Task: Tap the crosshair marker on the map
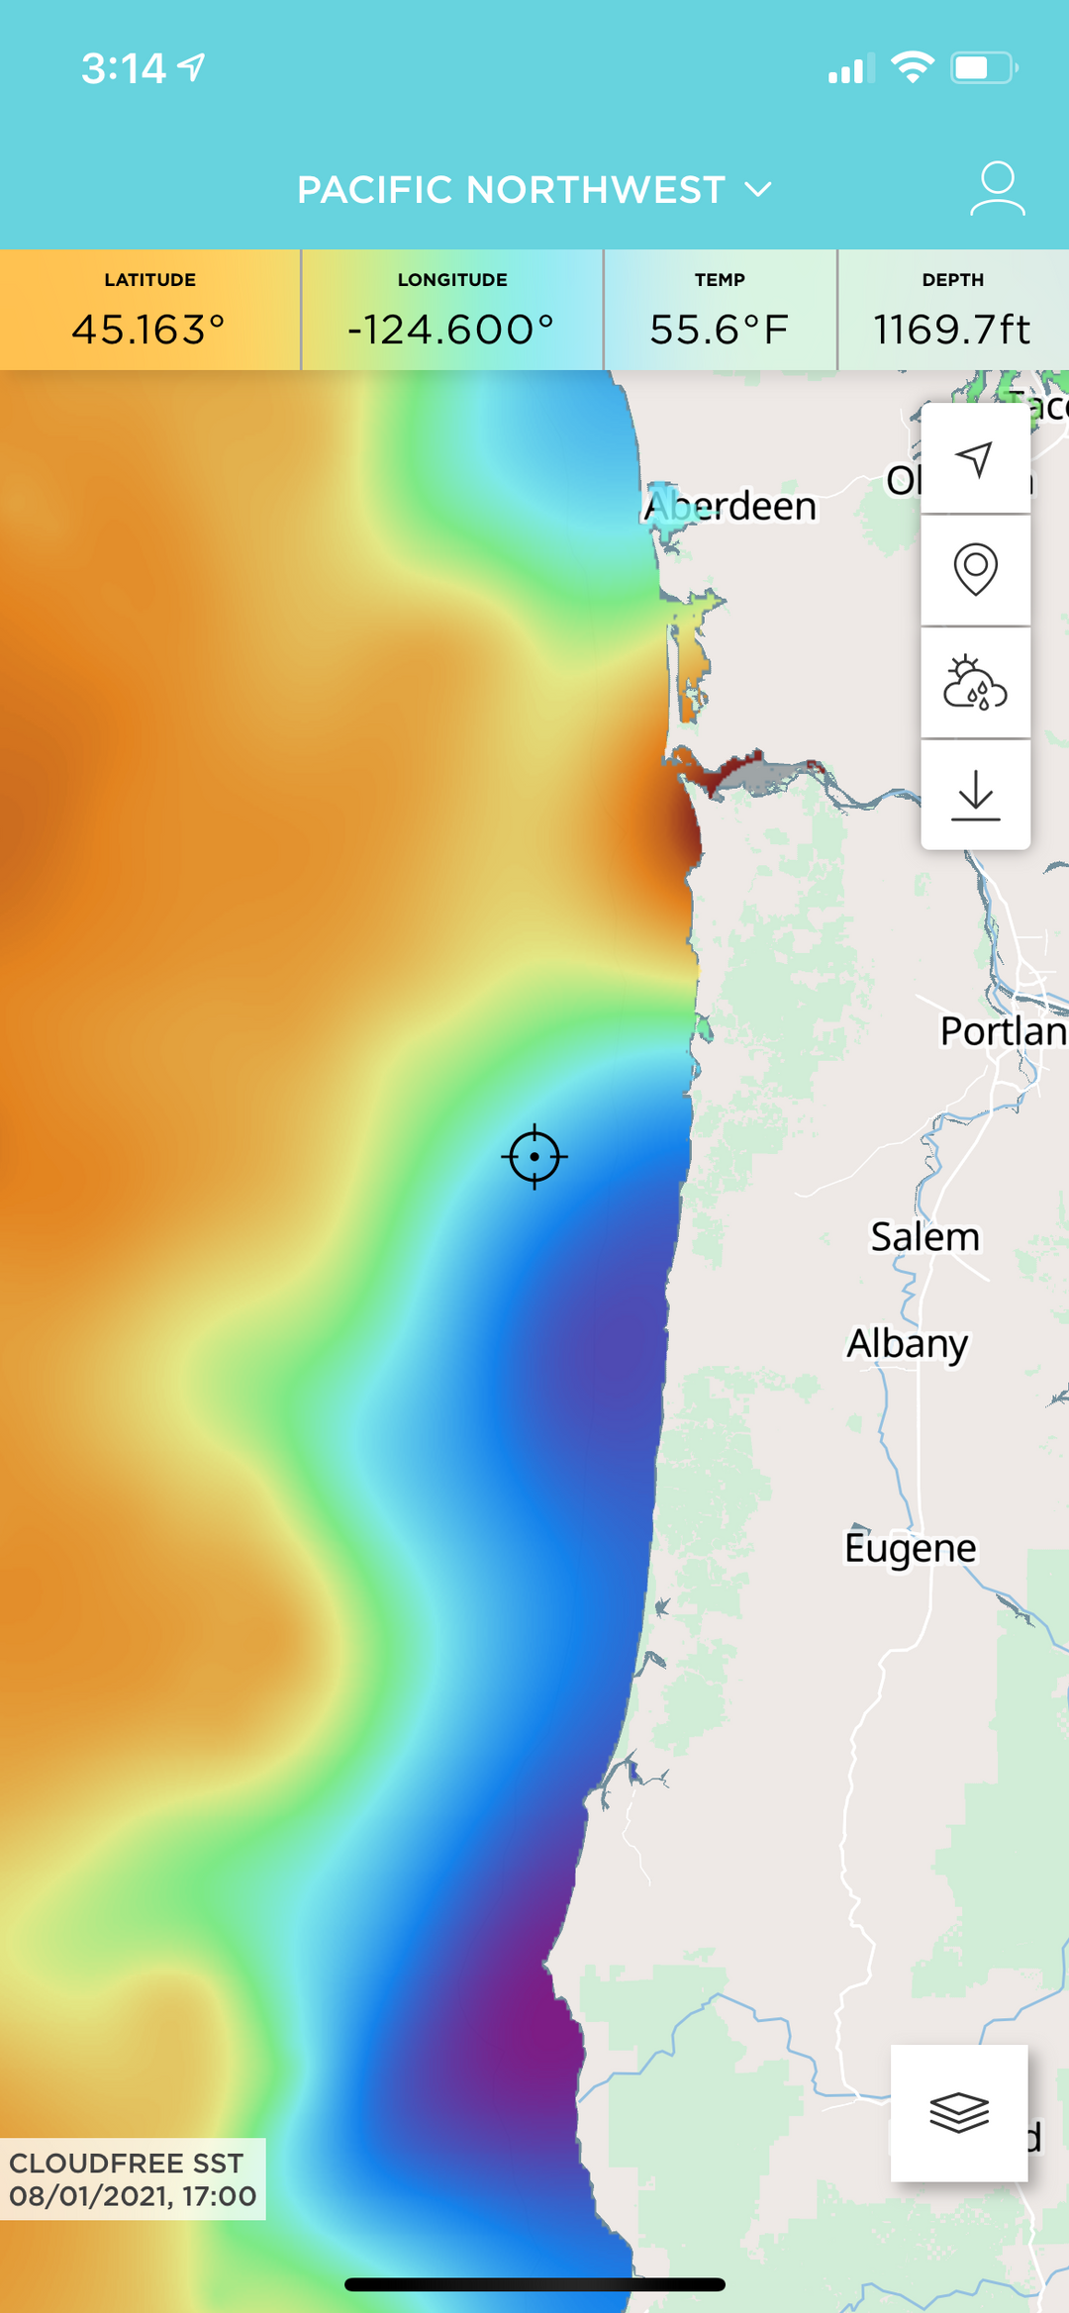click(x=534, y=1156)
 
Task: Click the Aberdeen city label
click(x=730, y=506)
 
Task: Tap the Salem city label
click(x=924, y=1236)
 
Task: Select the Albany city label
click(x=907, y=1343)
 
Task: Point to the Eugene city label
click(x=910, y=1547)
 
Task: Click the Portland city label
click(x=1002, y=1031)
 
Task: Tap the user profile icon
click(x=997, y=188)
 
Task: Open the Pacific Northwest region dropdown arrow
click(x=758, y=189)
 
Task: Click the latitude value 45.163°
click(x=149, y=330)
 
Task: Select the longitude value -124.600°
click(x=451, y=330)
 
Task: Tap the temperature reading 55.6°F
click(x=720, y=330)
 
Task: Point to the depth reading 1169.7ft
click(x=952, y=330)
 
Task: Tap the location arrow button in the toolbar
click(x=975, y=458)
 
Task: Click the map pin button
click(x=975, y=569)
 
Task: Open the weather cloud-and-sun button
click(x=975, y=683)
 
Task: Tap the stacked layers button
click(x=958, y=2112)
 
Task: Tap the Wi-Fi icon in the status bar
click(x=912, y=67)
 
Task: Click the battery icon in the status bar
click(x=984, y=67)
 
